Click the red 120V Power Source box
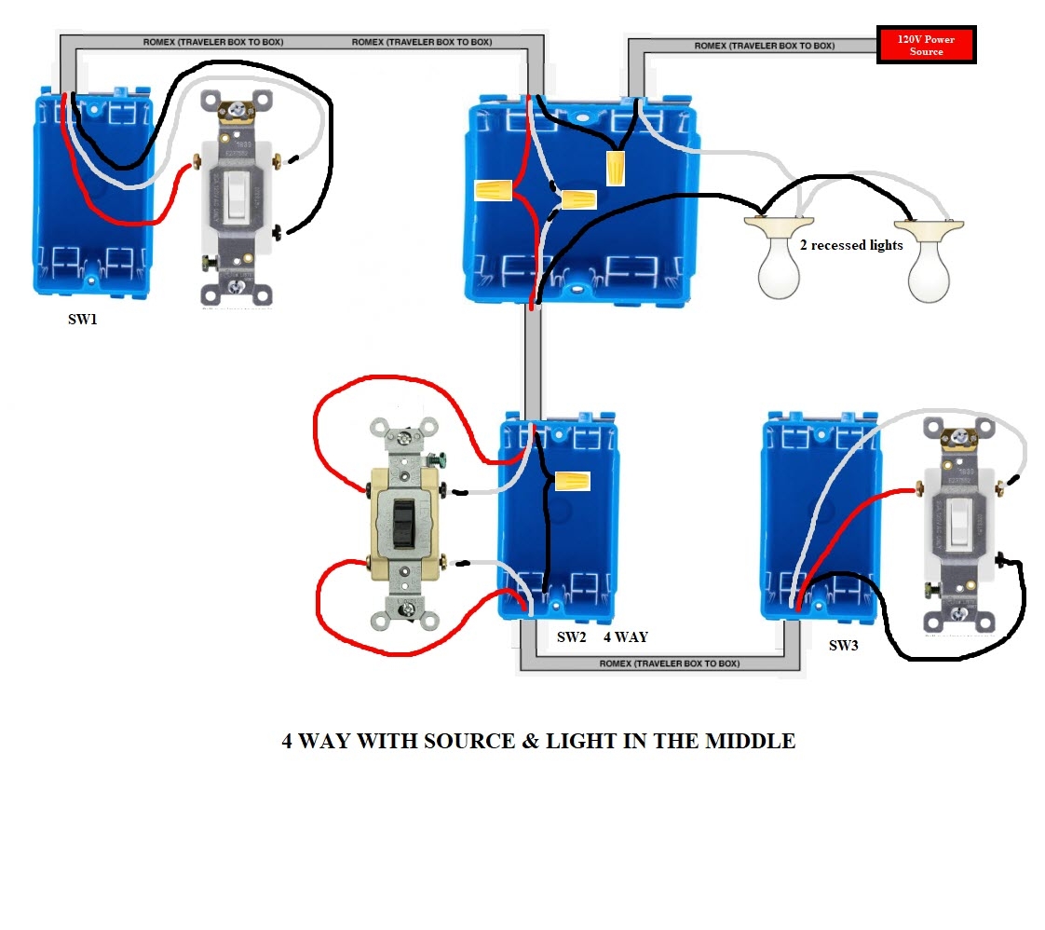click(x=926, y=45)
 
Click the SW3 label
click(x=843, y=645)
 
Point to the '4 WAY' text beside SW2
click(x=625, y=637)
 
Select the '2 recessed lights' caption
click(x=851, y=245)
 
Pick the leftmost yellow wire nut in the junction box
click(x=494, y=190)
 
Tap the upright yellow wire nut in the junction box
click(x=616, y=168)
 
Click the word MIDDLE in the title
click(x=750, y=742)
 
